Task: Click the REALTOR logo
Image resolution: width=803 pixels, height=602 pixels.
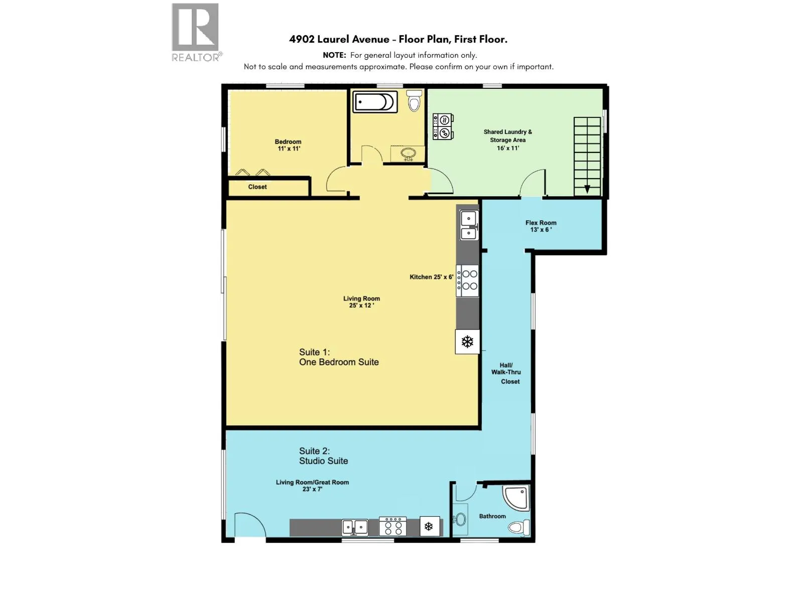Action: (x=196, y=32)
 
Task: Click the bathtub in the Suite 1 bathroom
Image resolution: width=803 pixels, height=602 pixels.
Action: (x=374, y=102)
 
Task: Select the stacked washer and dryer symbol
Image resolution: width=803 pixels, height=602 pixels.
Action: (x=443, y=126)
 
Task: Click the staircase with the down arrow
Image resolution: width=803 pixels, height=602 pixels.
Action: (x=587, y=157)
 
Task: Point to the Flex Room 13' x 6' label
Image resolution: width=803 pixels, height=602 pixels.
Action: (x=541, y=226)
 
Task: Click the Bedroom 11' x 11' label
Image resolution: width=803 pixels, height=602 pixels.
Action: (x=288, y=145)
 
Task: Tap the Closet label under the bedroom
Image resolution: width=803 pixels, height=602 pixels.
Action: (x=257, y=187)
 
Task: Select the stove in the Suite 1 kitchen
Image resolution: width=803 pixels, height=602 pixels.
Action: (x=467, y=280)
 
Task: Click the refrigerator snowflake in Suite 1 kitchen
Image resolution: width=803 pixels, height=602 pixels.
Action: (x=467, y=342)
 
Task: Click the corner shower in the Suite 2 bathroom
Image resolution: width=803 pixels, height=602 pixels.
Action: (x=516, y=498)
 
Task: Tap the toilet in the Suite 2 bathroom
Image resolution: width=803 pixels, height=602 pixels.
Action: (x=519, y=527)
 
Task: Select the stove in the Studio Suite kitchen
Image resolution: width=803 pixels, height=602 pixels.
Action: (x=392, y=526)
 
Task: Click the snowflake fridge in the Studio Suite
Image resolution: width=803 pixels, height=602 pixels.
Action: (x=430, y=526)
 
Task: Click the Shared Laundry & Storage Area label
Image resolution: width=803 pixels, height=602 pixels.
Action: (x=508, y=140)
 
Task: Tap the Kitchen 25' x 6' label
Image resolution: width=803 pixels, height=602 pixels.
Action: (x=431, y=277)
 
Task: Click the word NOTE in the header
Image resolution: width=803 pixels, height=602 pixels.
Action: (x=334, y=55)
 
